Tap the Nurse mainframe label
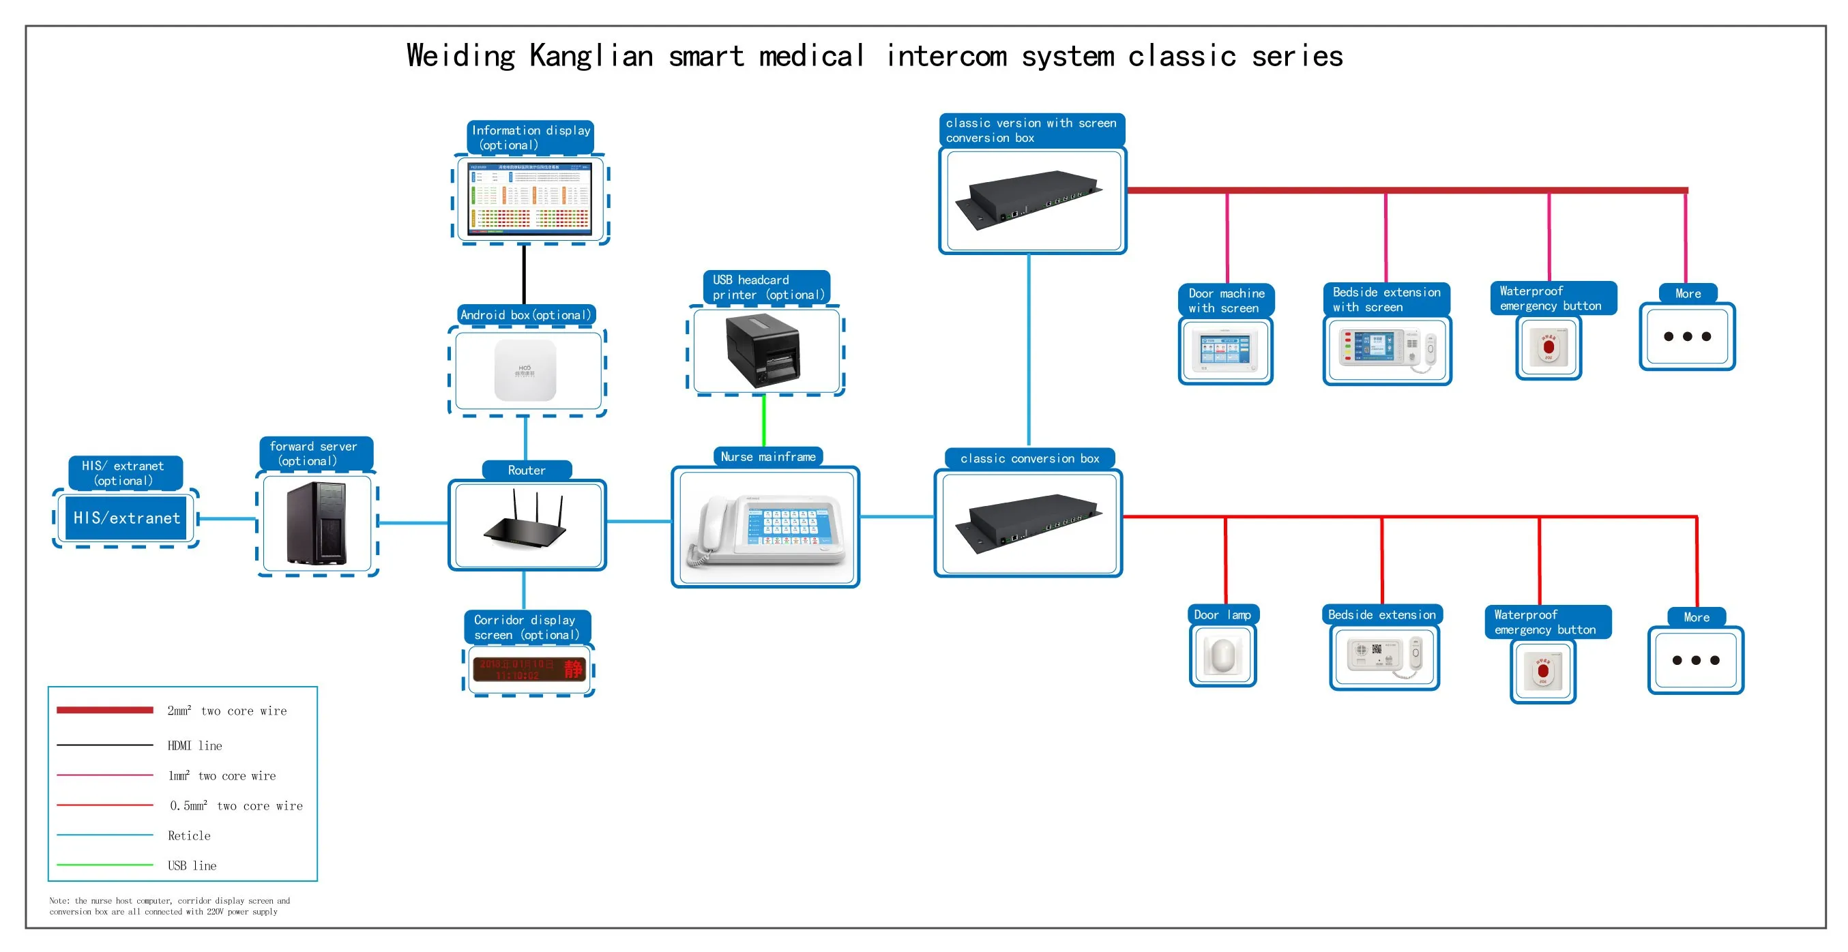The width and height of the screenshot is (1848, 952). (767, 456)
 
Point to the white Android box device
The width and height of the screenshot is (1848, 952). (525, 370)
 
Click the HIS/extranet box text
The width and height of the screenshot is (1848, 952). (126, 518)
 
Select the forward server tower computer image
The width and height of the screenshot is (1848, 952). (317, 524)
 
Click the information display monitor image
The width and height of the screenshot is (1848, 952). (529, 198)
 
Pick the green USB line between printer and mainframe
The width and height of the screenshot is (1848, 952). (763, 420)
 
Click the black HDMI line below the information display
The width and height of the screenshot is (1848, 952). (525, 274)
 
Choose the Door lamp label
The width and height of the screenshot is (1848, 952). (1222, 614)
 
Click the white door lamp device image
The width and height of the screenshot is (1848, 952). (1222, 655)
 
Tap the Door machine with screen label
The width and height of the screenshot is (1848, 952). (1226, 300)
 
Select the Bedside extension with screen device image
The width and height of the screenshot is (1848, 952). (1386, 349)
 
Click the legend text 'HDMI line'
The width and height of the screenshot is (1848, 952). (194, 745)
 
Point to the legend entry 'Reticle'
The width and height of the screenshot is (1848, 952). (189, 835)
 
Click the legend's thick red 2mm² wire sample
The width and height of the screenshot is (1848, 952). (105, 710)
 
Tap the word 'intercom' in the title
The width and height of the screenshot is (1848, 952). (946, 56)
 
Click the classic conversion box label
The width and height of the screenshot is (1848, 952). (1029, 458)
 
